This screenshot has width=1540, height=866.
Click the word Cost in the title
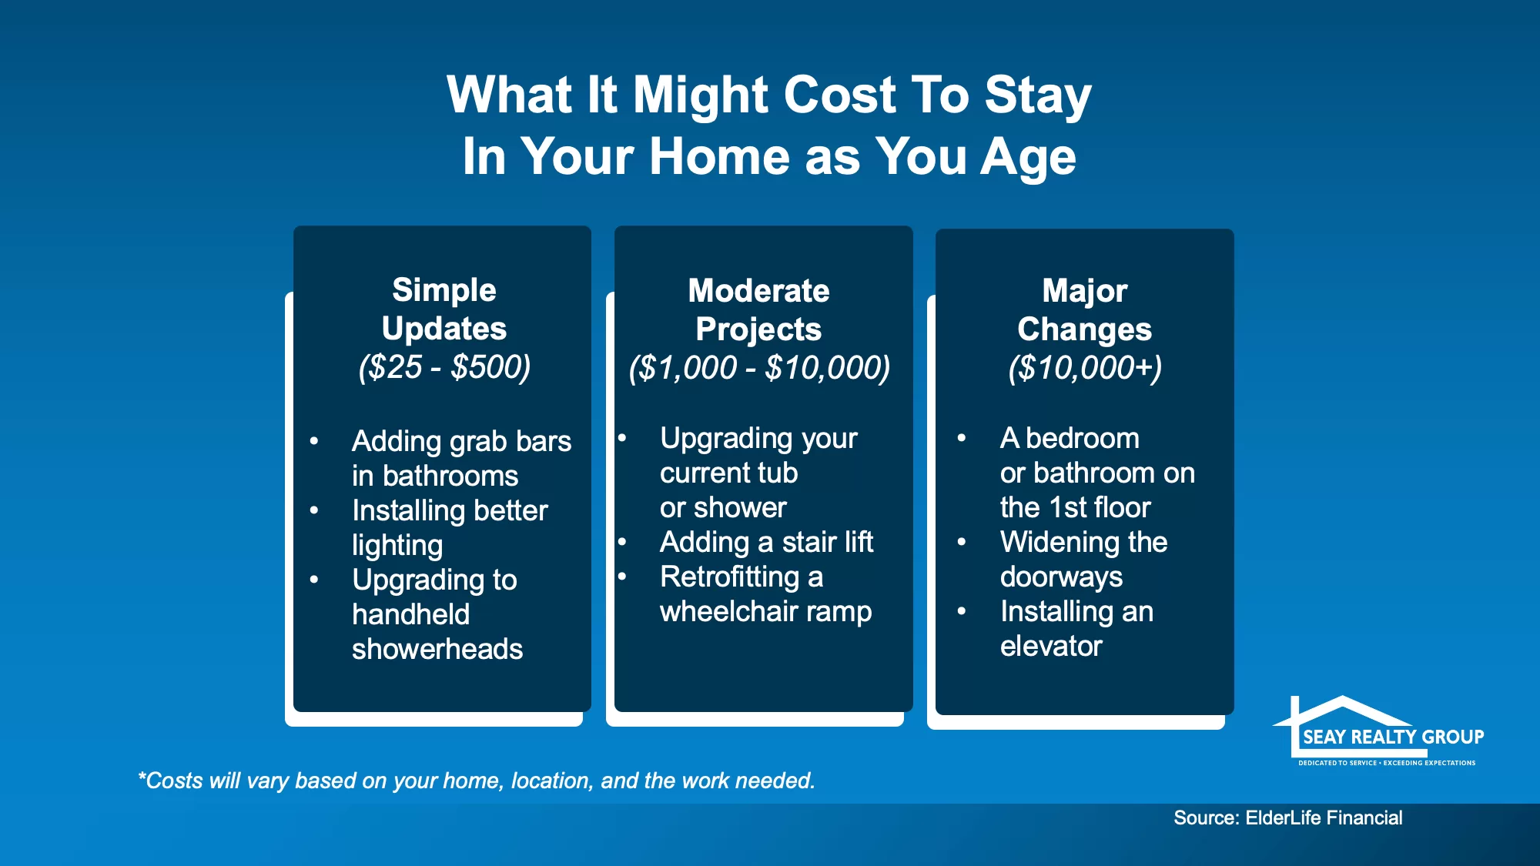839,95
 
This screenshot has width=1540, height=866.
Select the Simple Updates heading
444,309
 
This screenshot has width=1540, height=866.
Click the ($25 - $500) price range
444,367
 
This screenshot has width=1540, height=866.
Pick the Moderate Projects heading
759,309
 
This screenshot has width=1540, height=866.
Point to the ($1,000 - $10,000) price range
759,368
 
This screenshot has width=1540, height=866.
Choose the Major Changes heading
1084,309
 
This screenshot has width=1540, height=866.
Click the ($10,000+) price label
1085,368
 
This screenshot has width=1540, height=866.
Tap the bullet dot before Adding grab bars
314,441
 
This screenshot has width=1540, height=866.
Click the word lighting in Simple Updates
397,546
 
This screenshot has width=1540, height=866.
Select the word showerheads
437,649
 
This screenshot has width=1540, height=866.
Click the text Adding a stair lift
766,542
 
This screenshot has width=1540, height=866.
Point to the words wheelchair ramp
765,612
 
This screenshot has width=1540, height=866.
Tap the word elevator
1051,646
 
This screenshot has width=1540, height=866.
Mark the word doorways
1061,577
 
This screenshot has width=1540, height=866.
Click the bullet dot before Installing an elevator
962,611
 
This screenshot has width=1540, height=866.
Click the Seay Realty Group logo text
1393,737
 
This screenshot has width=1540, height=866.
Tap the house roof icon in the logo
1343,710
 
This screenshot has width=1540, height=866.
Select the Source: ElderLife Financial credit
1287,818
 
